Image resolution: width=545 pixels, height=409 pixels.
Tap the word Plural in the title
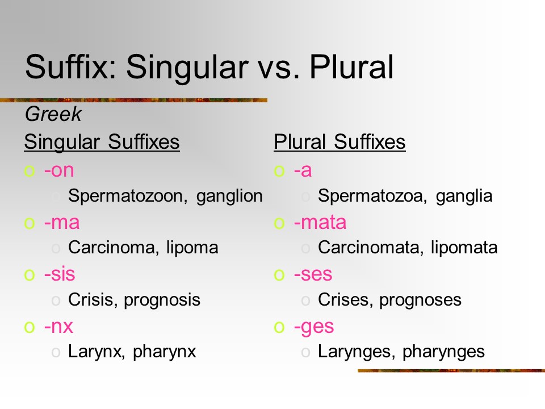coord(351,66)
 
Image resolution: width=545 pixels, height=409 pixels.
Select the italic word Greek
coord(53,114)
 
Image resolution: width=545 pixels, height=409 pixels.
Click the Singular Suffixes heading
coord(102,142)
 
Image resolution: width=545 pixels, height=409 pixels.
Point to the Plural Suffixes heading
coord(339,142)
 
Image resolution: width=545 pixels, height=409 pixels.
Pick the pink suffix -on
coord(59,170)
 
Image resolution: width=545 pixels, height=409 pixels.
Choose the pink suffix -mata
coord(320,222)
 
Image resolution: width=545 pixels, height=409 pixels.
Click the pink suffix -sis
coord(60,274)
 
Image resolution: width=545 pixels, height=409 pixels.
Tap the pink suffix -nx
coord(58,327)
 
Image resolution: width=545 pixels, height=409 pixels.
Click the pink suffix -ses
coord(313,274)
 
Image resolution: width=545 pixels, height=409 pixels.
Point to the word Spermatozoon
coord(128,196)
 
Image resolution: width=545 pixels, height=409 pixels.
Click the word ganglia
coord(464,196)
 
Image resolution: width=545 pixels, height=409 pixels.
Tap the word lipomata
coord(464,248)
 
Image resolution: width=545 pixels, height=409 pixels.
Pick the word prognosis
coord(162,300)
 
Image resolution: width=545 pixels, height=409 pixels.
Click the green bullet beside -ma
coord(30,223)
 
